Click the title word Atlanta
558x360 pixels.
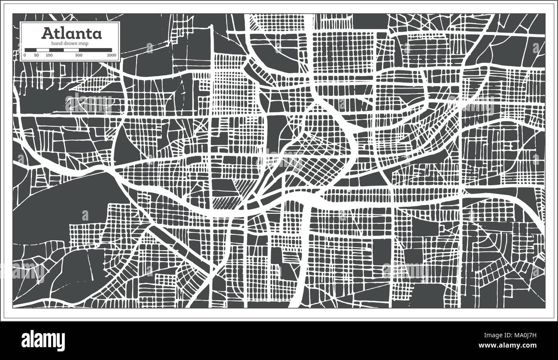point(71,33)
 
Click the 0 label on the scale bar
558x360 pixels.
point(25,55)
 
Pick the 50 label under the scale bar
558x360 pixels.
point(36,55)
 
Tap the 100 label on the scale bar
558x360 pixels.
point(49,55)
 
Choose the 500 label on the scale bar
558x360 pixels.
point(79,55)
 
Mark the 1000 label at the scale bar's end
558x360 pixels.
point(112,55)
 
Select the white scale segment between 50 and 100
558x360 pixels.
point(43,50)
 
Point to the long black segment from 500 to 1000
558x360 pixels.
point(96,50)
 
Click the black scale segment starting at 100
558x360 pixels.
point(57,50)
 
